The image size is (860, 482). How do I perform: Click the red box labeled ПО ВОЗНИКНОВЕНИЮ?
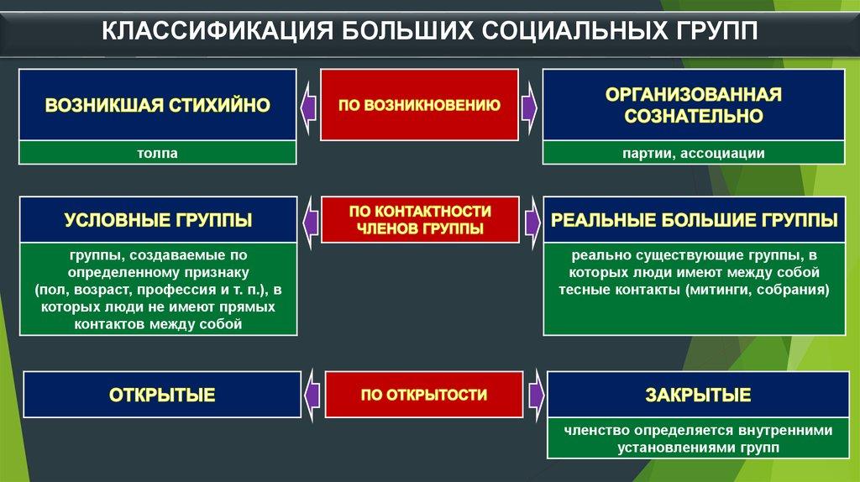[420, 105]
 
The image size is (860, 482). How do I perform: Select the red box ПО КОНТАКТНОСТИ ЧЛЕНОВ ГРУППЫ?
[420, 220]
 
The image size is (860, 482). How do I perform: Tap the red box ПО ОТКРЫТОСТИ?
[424, 395]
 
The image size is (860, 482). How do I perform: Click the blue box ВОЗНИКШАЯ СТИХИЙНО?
[157, 105]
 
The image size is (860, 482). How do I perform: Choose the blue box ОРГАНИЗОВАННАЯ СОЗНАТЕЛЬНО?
[694, 105]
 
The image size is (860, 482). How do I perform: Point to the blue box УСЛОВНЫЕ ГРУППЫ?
[159, 220]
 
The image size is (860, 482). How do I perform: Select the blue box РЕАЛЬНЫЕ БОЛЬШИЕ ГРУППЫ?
[695, 220]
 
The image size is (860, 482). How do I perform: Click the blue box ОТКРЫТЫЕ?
[162, 395]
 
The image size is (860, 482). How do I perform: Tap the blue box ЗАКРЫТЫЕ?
[698, 395]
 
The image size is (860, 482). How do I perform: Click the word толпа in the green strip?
[157, 153]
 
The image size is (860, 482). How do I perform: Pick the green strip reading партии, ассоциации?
[694, 153]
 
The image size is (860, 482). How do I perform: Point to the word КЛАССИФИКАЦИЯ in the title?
[218, 31]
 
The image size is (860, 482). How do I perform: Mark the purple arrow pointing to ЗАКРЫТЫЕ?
[536, 396]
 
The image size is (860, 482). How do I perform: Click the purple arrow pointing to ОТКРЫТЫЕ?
[312, 396]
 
